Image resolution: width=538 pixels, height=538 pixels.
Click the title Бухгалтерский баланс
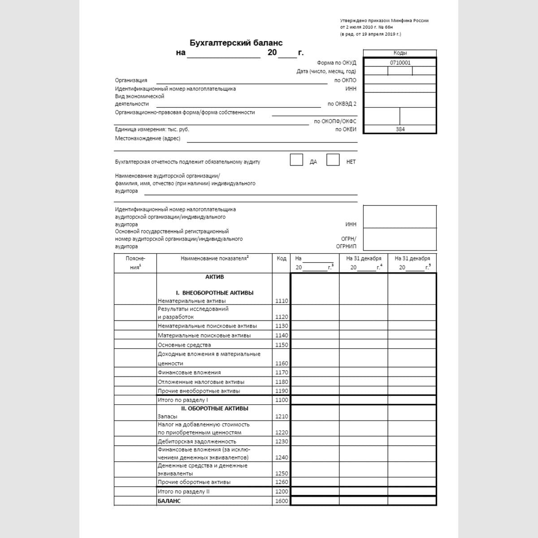tap(236, 43)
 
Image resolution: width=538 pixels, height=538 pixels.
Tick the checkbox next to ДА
tap(296, 160)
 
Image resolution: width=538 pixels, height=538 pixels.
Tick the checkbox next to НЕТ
tap(333, 160)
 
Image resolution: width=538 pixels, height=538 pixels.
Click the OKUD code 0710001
tap(400, 63)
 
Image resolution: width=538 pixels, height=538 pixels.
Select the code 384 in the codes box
tap(400, 129)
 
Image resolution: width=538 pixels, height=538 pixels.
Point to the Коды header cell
tap(400, 53)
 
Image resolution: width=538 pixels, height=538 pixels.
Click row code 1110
tap(282, 301)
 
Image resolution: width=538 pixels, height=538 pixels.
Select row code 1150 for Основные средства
tap(282, 345)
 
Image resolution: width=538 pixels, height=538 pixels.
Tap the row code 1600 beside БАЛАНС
tap(282, 501)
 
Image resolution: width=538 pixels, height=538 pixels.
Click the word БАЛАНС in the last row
tap(169, 501)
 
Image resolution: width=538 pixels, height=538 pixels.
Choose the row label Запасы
tap(167, 417)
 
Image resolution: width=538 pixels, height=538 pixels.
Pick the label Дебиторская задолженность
tap(197, 442)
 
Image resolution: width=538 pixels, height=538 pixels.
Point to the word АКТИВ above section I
tap(214, 277)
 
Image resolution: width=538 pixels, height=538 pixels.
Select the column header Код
tap(282, 258)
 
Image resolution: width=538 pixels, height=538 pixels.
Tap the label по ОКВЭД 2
tap(342, 104)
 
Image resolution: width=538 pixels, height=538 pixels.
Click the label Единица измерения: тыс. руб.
tap(152, 130)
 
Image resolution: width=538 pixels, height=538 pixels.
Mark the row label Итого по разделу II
tap(183, 491)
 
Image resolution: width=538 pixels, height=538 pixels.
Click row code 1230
tap(282, 442)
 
